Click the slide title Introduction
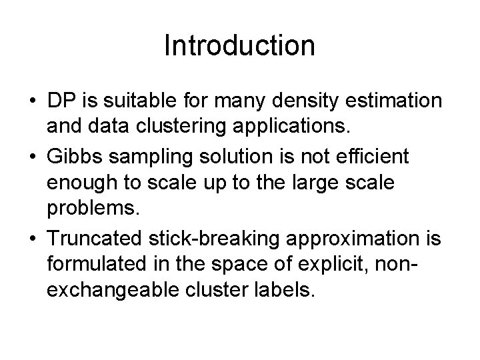[x=239, y=46]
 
